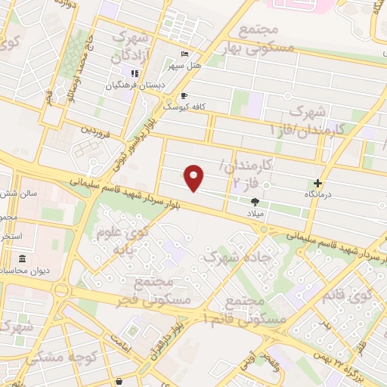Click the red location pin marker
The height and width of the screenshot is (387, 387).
[195, 177]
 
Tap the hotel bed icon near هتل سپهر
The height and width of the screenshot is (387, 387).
[185, 54]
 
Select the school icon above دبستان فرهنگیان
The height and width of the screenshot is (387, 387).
[134, 73]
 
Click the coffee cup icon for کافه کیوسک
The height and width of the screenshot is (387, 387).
[184, 96]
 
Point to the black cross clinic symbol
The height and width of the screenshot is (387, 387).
[318, 182]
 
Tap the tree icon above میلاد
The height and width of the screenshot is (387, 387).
[254, 201]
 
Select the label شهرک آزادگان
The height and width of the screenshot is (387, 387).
[132, 46]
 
